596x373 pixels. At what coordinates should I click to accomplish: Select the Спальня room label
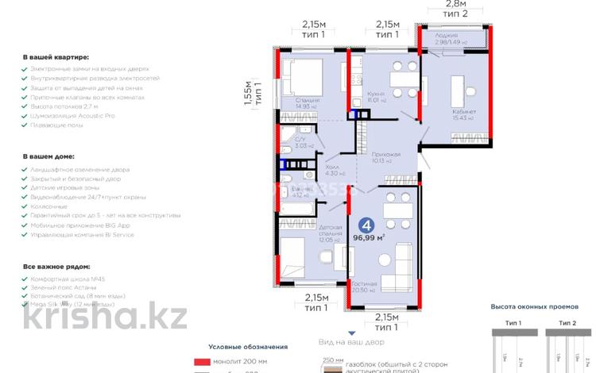307,101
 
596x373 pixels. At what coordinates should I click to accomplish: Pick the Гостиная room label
384,286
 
